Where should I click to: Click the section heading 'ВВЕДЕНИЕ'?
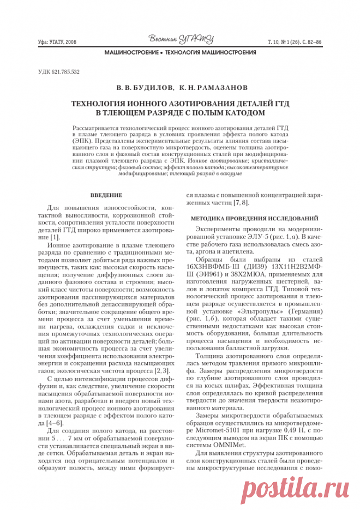click(x=105, y=195)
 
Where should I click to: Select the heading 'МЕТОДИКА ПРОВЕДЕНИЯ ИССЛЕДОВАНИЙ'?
click(x=253, y=218)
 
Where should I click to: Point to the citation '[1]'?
click(x=54, y=238)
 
